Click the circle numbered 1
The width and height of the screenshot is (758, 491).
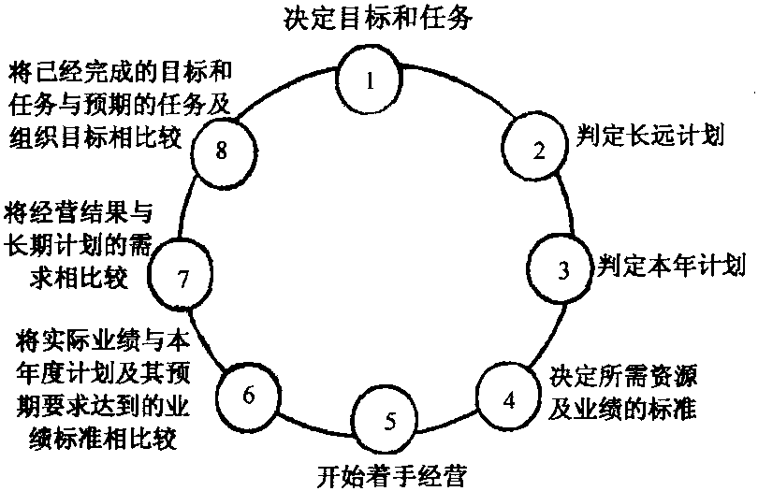(x=372, y=78)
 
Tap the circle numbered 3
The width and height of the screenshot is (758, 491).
(x=562, y=269)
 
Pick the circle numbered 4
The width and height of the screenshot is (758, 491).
(x=509, y=399)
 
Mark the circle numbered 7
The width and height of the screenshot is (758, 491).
(x=183, y=277)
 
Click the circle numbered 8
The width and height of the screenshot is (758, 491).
(x=222, y=151)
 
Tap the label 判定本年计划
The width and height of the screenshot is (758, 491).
(x=672, y=268)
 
